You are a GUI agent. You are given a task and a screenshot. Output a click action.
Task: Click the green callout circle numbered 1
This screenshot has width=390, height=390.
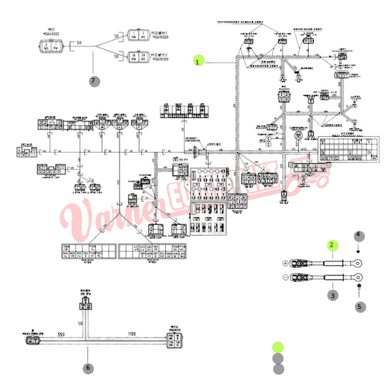pos(198,62)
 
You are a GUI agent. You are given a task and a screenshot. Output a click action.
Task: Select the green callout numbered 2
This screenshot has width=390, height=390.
pos(332,245)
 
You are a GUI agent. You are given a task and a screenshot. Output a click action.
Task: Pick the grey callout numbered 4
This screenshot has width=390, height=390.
pos(358,236)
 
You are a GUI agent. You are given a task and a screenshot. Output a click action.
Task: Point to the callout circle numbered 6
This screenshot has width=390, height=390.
pos(88,368)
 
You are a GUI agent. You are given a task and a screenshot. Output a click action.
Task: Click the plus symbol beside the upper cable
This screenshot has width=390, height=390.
pos(285,263)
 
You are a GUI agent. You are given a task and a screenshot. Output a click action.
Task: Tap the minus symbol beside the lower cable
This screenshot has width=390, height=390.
pos(285,278)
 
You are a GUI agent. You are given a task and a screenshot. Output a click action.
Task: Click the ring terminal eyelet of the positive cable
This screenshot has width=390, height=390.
pos(357,262)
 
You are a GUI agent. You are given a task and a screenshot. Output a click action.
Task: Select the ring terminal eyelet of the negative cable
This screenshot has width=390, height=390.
pos(357,277)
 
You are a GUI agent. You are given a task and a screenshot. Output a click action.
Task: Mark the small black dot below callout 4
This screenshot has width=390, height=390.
pos(358,251)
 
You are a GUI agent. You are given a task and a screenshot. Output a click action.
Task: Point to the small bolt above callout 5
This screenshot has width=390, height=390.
pos(359,286)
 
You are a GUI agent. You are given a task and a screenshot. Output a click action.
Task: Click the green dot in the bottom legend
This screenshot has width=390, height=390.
pos(278,347)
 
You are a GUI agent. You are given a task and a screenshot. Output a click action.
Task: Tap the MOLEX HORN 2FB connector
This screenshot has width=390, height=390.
pos(31,341)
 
